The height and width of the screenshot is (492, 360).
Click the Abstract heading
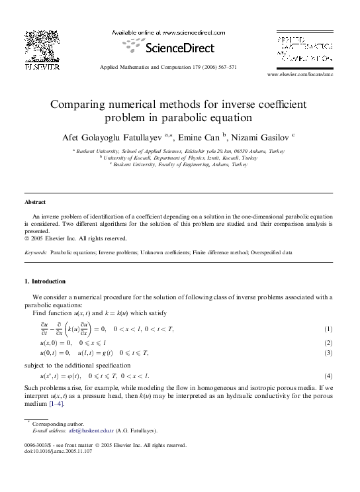[35, 201]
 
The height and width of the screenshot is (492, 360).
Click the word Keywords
[35, 253]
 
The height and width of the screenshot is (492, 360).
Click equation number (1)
[328, 330]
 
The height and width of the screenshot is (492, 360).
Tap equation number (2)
[328, 343]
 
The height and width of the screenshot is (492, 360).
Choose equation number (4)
[328, 375]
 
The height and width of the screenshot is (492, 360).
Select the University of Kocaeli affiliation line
[180, 158]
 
